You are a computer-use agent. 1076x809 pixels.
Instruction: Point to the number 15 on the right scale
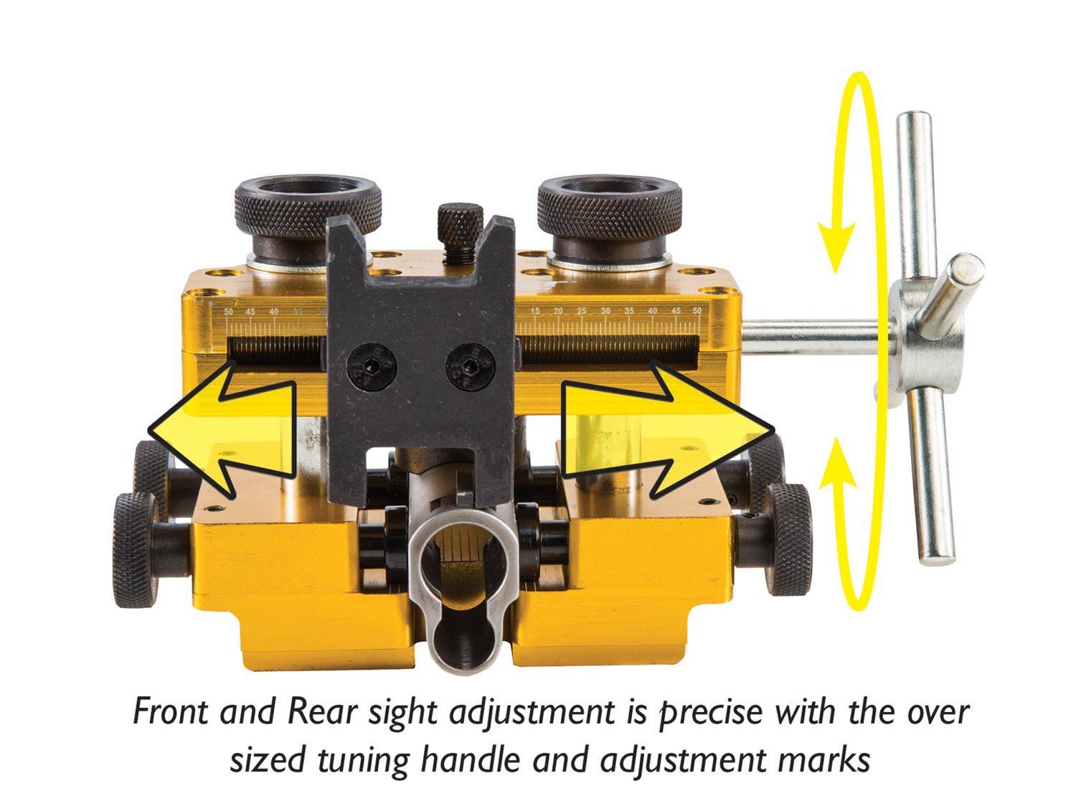pyautogui.click(x=535, y=312)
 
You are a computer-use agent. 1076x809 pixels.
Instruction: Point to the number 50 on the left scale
pyautogui.click(x=228, y=312)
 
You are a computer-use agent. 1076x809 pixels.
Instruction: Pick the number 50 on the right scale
pyautogui.click(x=696, y=312)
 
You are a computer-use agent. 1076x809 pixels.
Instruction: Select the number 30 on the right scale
pyautogui.click(x=605, y=312)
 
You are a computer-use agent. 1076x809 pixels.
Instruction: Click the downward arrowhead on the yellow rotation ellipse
pyautogui.click(x=836, y=244)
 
